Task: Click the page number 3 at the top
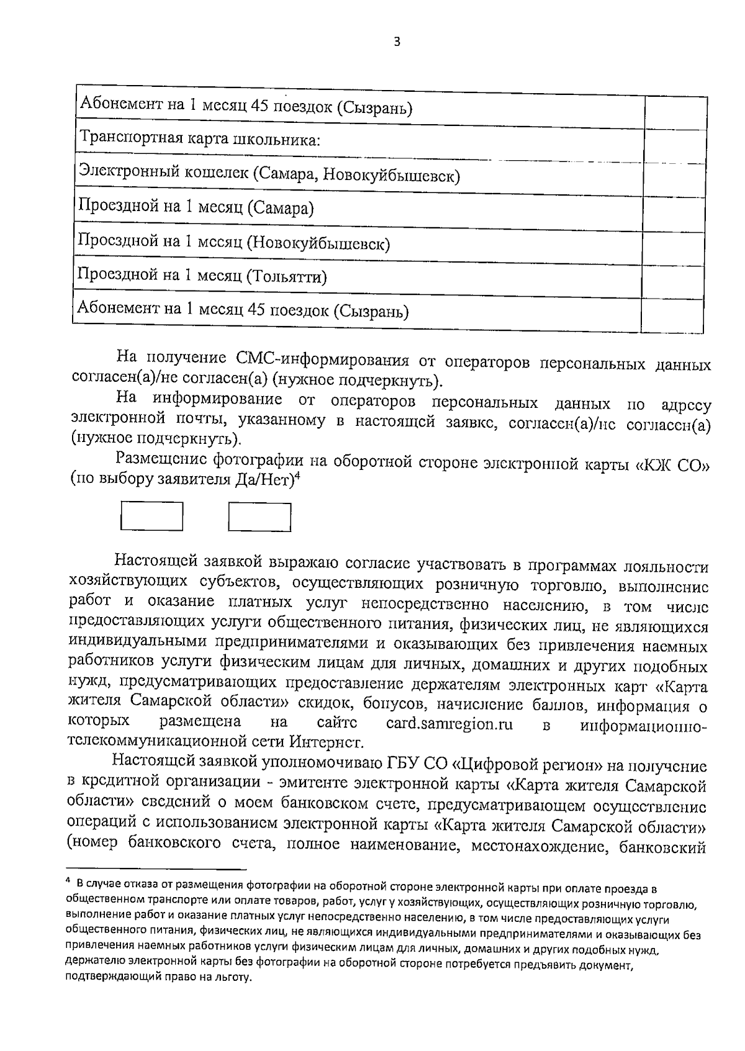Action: click(397, 42)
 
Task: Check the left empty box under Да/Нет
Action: click(151, 516)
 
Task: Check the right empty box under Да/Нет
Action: click(260, 517)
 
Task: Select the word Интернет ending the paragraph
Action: click(325, 742)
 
